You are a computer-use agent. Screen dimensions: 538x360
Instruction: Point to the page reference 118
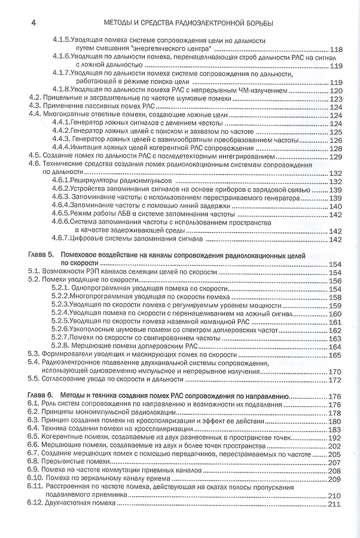click(x=335, y=49)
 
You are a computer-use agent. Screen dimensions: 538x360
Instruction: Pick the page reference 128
click(x=335, y=148)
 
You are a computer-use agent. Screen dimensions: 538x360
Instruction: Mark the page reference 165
click(x=335, y=355)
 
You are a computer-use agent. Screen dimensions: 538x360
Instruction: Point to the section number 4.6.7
click(x=60, y=239)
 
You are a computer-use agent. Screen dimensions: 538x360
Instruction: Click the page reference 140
click(x=335, y=206)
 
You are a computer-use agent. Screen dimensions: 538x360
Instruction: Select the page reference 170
click(x=335, y=371)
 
